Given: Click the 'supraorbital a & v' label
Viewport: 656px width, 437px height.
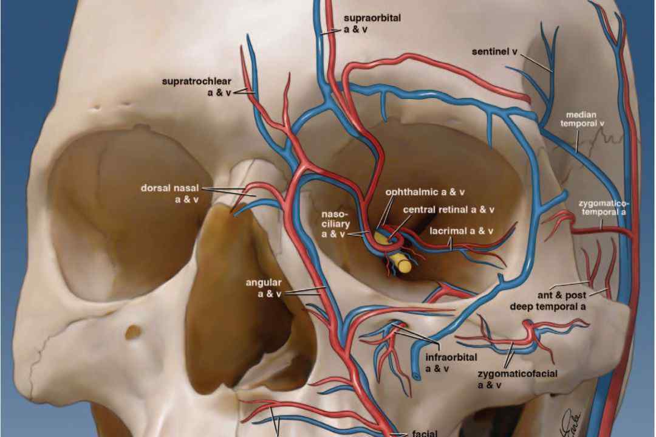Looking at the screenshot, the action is click(x=372, y=24).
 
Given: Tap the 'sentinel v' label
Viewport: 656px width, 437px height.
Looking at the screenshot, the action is click(x=495, y=52).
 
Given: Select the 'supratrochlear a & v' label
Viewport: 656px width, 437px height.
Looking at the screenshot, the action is click(x=197, y=87).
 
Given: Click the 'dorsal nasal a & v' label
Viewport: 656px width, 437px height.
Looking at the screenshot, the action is click(x=170, y=194).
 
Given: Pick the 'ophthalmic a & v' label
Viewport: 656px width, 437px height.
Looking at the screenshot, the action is click(x=425, y=192).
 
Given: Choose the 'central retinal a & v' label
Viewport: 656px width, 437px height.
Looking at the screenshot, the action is click(x=448, y=209).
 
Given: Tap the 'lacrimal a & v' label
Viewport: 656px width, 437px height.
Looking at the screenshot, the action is click(x=462, y=230).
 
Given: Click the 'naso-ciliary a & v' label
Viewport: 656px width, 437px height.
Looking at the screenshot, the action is click(x=335, y=224).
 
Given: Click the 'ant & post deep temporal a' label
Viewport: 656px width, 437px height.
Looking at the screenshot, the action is click(x=548, y=301).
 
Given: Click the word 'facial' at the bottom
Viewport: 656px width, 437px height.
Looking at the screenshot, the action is click(x=425, y=433).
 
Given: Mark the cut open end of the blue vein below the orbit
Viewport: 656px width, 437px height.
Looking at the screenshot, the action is click(x=415, y=374).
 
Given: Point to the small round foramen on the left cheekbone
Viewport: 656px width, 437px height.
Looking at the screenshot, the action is click(x=134, y=332).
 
